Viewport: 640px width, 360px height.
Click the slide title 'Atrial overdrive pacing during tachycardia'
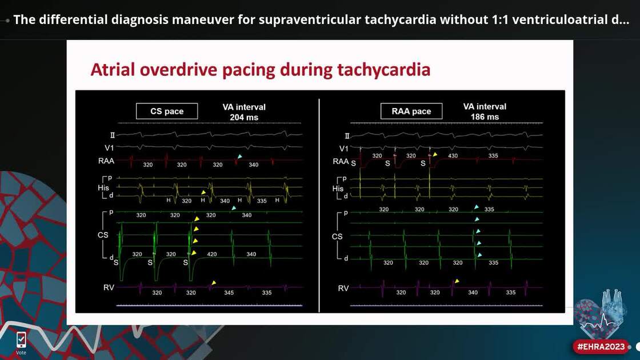(260, 70)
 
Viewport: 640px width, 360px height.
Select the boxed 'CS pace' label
(166, 111)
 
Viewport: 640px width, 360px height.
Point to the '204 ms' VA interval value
(244, 117)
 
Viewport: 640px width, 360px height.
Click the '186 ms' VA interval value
(485, 117)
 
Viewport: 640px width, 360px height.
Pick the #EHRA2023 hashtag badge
(601, 346)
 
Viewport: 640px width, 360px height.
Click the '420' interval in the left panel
(211, 254)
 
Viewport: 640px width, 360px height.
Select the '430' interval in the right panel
(453, 156)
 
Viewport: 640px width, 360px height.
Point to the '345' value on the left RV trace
(229, 293)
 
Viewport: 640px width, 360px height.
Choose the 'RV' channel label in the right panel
(343, 288)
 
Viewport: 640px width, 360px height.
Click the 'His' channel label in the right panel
(338, 189)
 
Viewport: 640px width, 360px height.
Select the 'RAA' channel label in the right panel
(341, 161)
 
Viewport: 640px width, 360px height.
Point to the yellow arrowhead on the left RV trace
(214, 282)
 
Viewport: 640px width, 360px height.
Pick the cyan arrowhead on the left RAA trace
(240, 157)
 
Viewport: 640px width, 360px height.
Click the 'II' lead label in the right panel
(347, 136)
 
